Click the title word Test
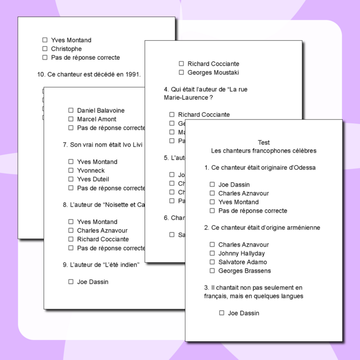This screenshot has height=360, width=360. click(x=264, y=142)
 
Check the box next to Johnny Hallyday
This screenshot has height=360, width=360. click(x=212, y=253)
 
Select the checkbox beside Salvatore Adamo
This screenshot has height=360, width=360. click(x=212, y=262)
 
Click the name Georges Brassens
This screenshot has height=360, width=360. click(x=244, y=271)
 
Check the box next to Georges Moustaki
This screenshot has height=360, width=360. click(x=181, y=72)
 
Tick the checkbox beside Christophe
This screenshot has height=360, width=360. click(x=45, y=49)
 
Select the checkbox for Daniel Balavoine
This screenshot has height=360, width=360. click(x=71, y=110)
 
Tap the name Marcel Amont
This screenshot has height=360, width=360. click(x=97, y=119)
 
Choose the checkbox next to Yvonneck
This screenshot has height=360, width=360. click(x=71, y=170)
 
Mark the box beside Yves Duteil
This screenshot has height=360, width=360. click(x=71, y=179)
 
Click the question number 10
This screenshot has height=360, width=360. click(x=41, y=74)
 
